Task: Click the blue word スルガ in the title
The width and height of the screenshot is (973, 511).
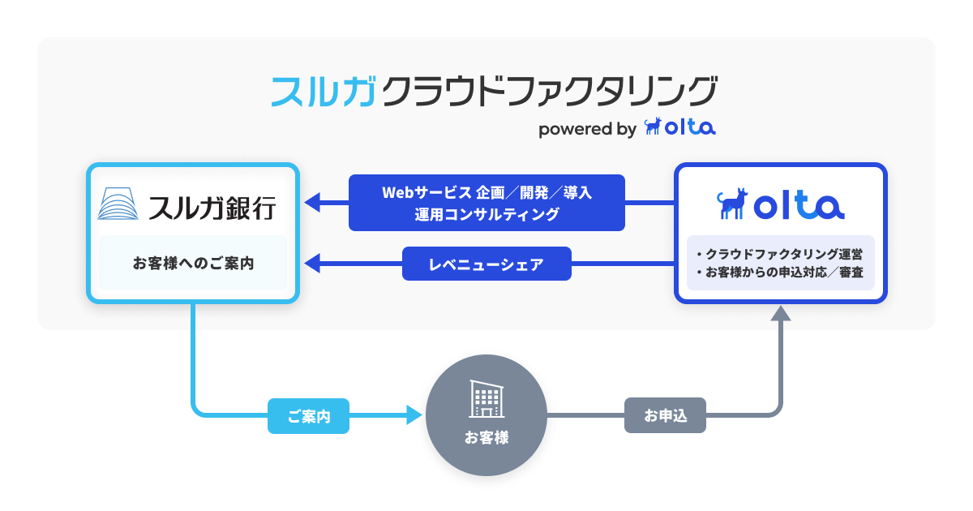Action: tap(324, 91)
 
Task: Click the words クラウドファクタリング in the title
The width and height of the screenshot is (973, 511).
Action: tap(548, 91)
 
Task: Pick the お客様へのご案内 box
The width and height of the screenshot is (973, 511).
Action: tap(193, 263)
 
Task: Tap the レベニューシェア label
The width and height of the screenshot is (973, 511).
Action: tap(486, 264)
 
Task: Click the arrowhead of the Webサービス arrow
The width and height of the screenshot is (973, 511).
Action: tap(312, 202)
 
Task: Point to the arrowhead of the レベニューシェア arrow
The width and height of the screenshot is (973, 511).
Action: tap(312, 263)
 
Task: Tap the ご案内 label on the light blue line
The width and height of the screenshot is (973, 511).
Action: tap(308, 417)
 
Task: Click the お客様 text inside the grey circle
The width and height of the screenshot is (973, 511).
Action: tap(486, 438)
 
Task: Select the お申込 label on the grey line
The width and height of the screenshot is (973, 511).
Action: tap(665, 417)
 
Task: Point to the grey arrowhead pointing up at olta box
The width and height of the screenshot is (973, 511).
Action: tap(780, 314)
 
